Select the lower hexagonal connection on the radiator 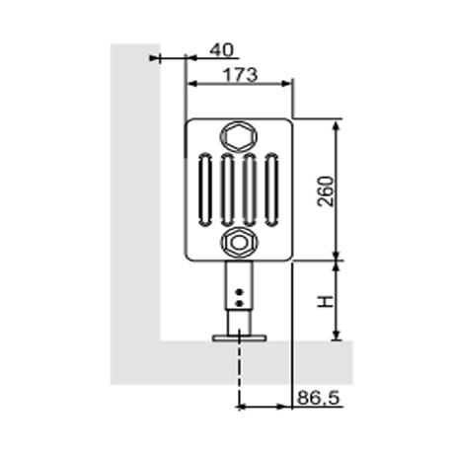[x=239, y=240]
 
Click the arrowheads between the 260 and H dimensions [x=339, y=261]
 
